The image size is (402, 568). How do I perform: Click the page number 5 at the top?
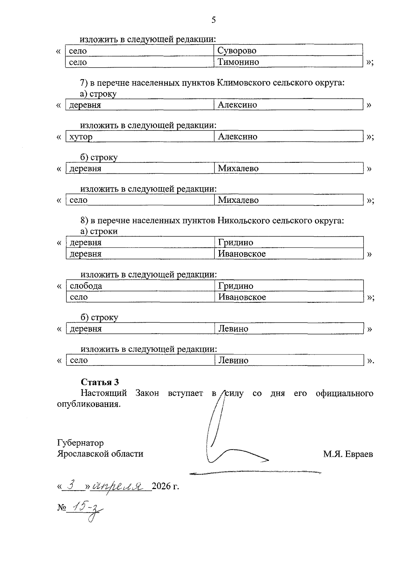[x=213, y=20]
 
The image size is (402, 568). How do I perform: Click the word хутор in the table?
[x=81, y=137]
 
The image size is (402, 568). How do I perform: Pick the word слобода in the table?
[x=86, y=286]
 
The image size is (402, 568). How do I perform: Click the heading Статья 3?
[x=100, y=382]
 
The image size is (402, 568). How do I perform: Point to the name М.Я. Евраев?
[x=348, y=454]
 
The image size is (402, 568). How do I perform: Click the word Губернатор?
[x=80, y=443]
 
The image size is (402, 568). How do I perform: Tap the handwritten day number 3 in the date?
[x=70, y=484]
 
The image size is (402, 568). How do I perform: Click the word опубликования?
[x=89, y=404]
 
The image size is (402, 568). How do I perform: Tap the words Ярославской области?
[x=100, y=454]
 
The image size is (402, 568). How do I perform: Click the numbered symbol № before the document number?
[x=61, y=508]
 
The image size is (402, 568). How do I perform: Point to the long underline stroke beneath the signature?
[x=255, y=472]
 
